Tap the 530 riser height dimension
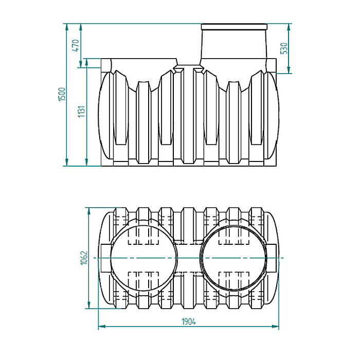(283, 48)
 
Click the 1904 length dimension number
(188, 321)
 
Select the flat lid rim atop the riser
(235, 26)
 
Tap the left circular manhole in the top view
(144, 258)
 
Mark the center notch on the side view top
(188, 68)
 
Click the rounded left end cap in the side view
(105, 116)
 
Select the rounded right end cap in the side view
(272, 116)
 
